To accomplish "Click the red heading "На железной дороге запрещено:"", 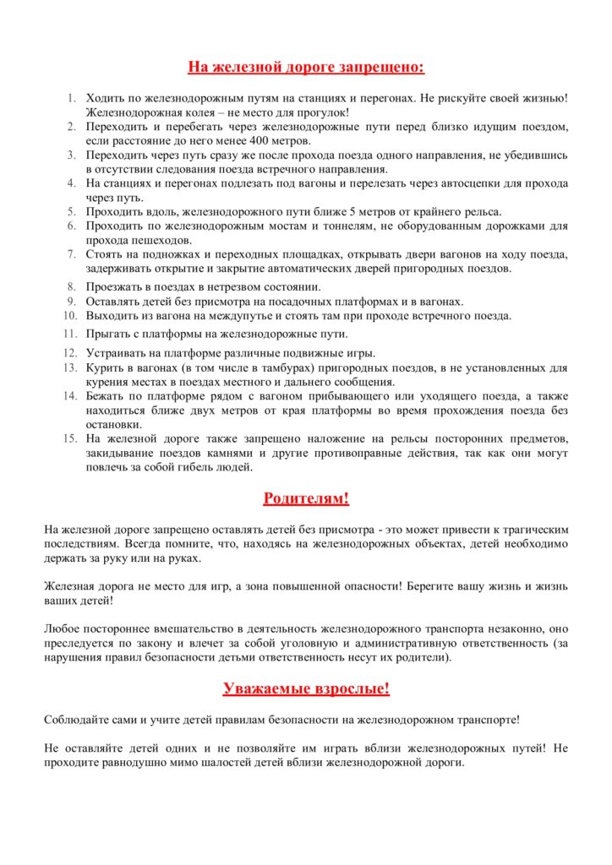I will [305, 67].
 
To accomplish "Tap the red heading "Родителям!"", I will [305, 498].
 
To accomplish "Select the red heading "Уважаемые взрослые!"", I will [305, 688].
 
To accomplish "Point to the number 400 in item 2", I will [262, 140].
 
